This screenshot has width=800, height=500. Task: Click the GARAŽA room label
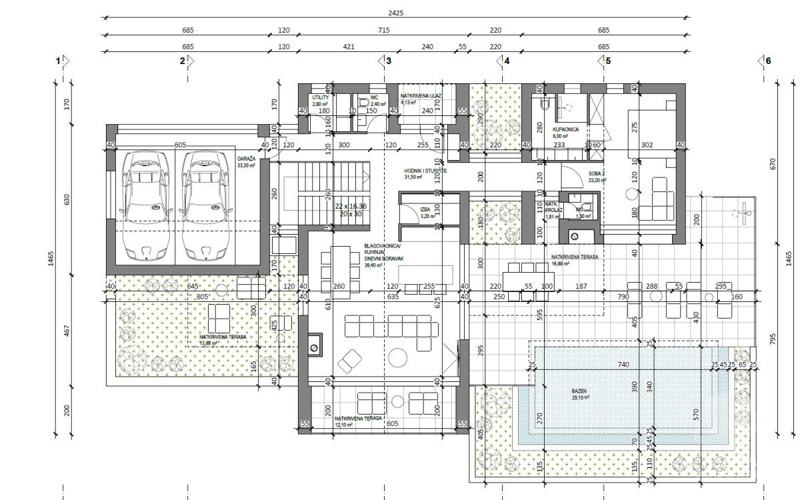[247, 159]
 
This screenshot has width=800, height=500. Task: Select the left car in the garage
[145, 205]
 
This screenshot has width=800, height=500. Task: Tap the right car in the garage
[203, 205]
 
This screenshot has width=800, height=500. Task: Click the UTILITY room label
[321, 97]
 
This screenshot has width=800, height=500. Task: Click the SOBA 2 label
[596, 174]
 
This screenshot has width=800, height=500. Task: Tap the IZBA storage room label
[425, 209]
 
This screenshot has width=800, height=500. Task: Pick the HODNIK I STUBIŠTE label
[425, 171]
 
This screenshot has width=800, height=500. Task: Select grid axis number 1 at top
[59, 61]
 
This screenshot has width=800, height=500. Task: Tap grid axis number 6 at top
[768, 61]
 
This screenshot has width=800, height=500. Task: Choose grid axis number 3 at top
[389, 61]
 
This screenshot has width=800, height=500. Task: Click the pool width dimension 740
[623, 365]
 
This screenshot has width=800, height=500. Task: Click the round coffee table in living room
[399, 357]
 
